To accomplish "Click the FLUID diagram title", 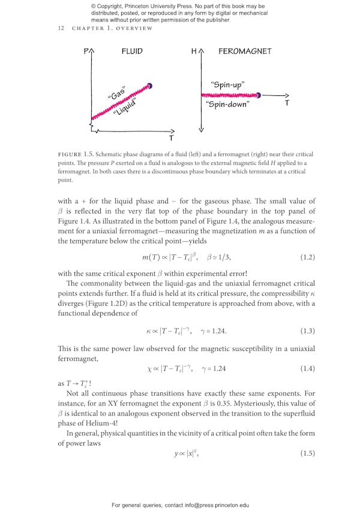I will click(x=132, y=52).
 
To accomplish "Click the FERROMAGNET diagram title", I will click(x=244, y=52).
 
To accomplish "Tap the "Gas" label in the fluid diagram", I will click(x=116, y=94).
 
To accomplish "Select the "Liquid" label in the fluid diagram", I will click(x=125, y=110).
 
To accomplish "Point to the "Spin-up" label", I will click(x=227, y=85).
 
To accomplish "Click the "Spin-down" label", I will click(x=227, y=104).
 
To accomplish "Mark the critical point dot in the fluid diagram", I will click(x=149, y=86).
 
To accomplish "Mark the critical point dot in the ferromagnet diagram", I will click(x=258, y=95).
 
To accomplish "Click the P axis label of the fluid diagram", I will click(x=86, y=52).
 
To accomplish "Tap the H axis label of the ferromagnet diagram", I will click(x=194, y=52).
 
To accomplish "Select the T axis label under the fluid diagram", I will click(x=171, y=139).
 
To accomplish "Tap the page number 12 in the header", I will click(x=61, y=28).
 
